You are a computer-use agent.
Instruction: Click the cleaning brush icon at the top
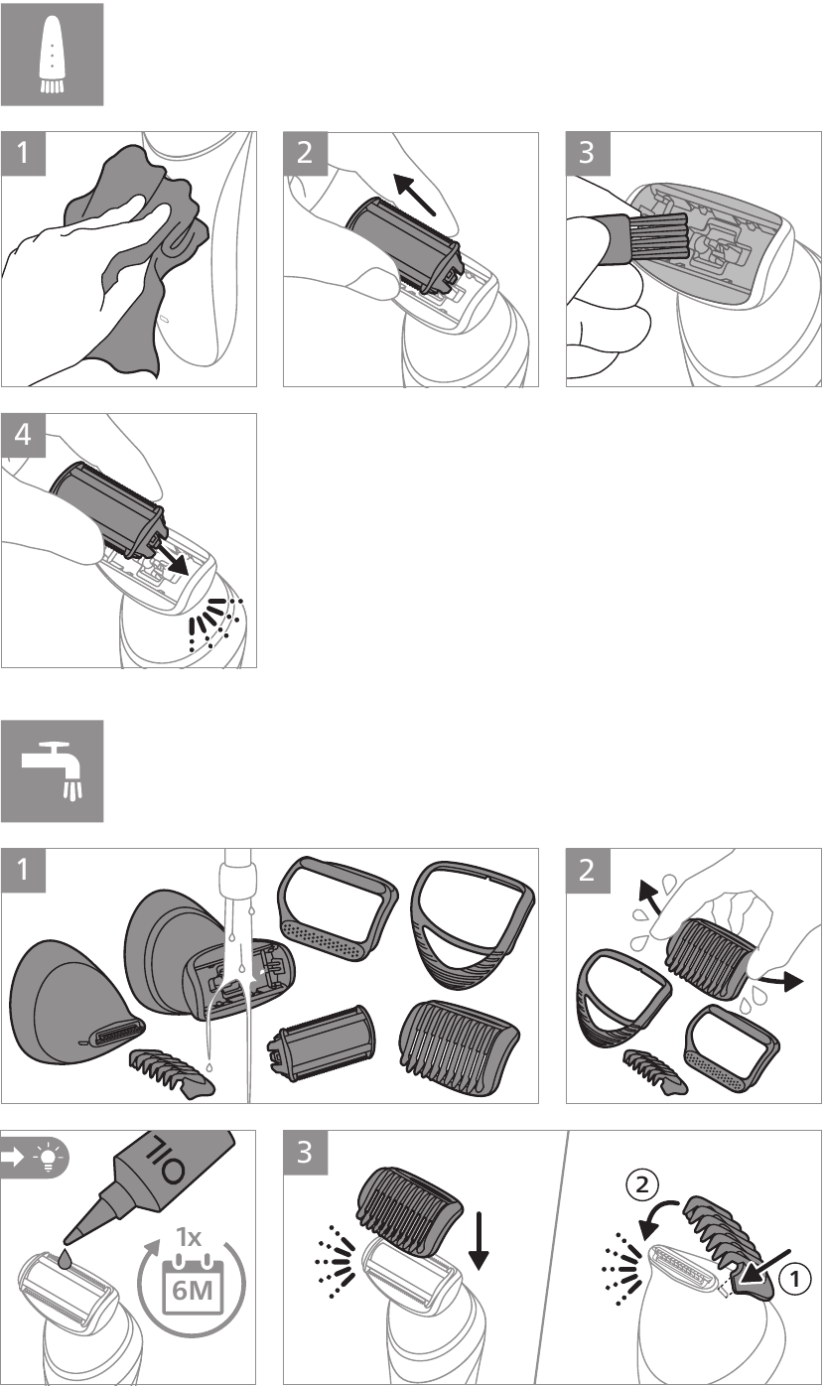click(52, 54)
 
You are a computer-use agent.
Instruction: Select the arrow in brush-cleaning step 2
click(415, 194)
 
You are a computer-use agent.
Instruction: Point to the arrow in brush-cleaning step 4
click(171, 557)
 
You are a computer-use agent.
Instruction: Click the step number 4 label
click(23, 435)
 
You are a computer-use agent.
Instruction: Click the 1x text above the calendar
click(189, 1236)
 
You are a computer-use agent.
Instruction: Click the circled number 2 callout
click(642, 1184)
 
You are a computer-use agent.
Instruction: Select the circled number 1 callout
click(794, 1279)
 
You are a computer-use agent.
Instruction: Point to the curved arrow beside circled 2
click(658, 1215)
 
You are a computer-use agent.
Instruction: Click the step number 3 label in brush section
click(587, 153)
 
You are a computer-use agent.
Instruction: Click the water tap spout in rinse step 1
click(239, 873)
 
